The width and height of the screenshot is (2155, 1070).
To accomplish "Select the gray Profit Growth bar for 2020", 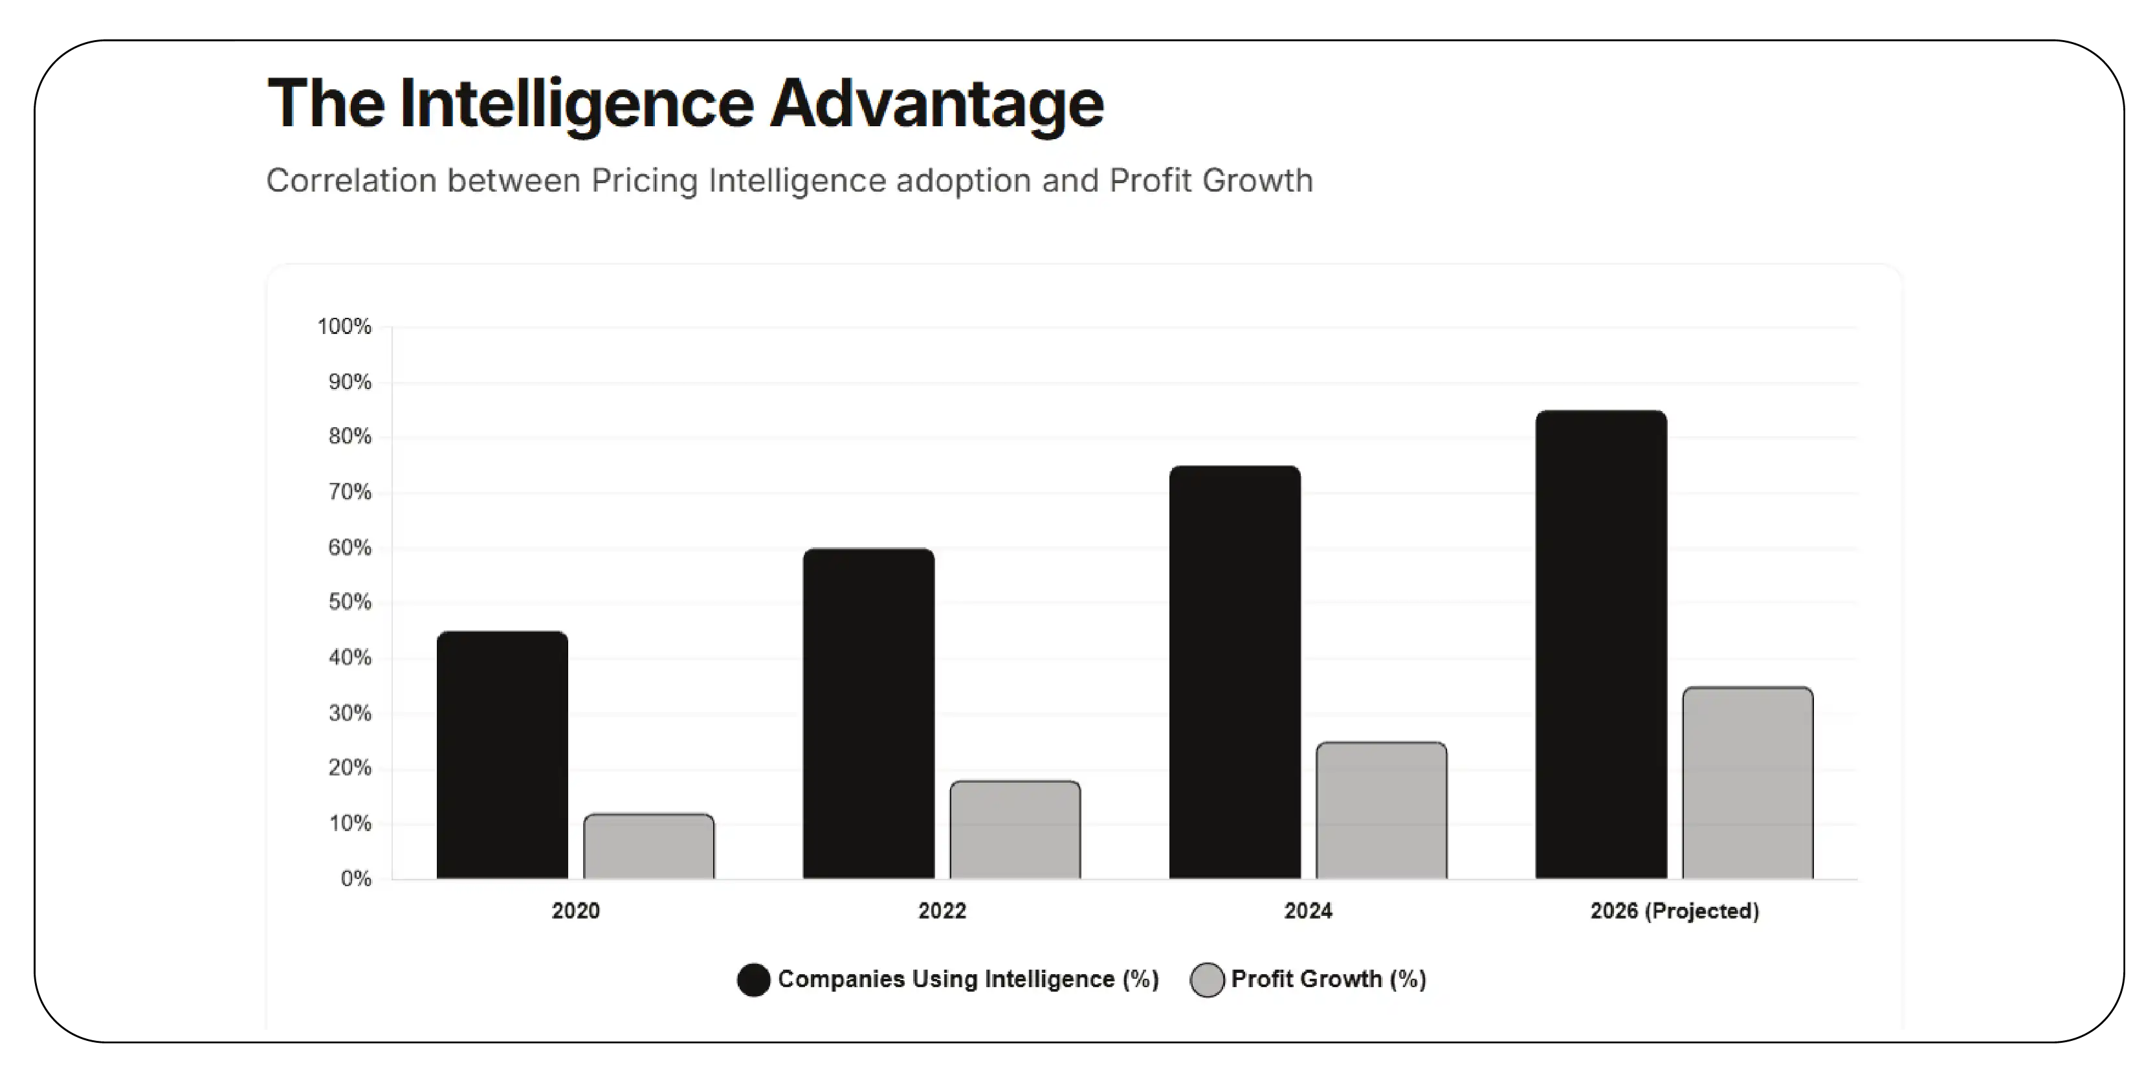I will (x=648, y=847).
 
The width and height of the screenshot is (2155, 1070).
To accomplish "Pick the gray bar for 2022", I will (x=1015, y=830).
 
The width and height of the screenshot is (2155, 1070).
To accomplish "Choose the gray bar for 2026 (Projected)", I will (x=1747, y=783).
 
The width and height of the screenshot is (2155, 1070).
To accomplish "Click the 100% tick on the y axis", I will (x=344, y=326).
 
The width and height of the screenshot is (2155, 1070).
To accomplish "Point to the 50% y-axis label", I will (x=349, y=603).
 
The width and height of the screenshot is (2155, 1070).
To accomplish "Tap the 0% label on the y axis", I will (x=355, y=878).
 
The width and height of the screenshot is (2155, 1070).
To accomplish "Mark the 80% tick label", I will (x=349, y=437).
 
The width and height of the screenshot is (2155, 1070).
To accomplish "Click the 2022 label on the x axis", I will (x=942, y=910).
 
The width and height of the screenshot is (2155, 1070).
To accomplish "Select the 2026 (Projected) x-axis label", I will (x=1674, y=910).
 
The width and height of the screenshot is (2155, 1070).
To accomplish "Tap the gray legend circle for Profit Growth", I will (x=1206, y=979).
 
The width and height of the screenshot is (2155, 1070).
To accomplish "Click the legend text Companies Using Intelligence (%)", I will (x=968, y=979).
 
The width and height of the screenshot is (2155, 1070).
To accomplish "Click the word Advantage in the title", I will (x=937, y=104).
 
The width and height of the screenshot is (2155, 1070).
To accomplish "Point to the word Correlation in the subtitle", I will (x=351, y=181).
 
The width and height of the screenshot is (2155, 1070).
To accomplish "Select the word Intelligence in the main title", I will (x=577, y=104).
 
